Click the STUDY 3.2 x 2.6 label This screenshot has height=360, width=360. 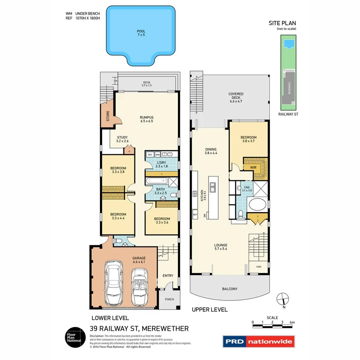(x=122, y=139)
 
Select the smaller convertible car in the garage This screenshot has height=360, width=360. (x=139, y=286)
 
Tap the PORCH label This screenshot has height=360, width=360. (x=169, y=299)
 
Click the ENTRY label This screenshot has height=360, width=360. (x=168, y=276)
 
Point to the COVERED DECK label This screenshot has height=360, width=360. (x=236, y=97)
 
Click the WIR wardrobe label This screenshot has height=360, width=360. (x=253, y=168)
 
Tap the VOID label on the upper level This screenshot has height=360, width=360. (x=258, y=267)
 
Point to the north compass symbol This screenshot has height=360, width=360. (x=283, y=299)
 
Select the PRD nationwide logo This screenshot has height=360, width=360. (x=258, y=341)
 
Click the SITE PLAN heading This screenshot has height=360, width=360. (x=283, y=23)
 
